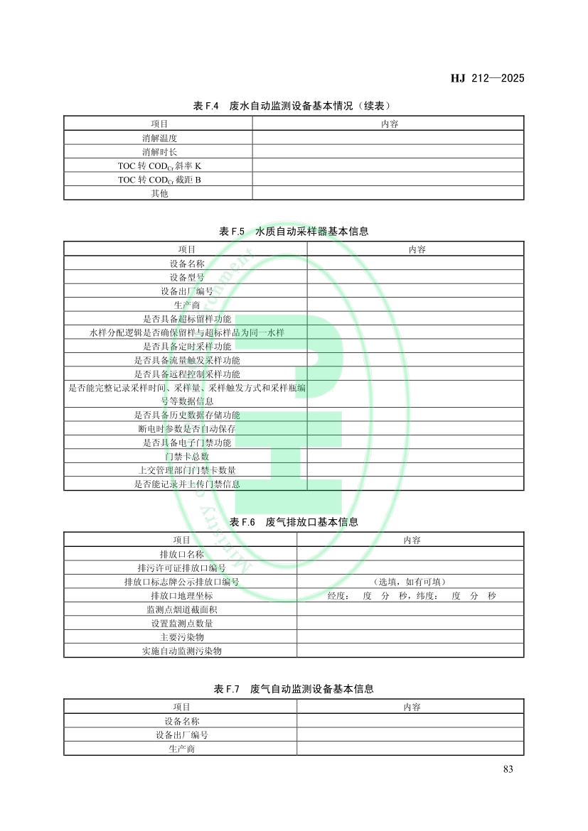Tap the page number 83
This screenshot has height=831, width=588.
point(508,769)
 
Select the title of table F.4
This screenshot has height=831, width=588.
point(294,106)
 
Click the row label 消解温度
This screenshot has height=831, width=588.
point(159,138)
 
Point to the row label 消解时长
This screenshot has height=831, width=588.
point(159,152)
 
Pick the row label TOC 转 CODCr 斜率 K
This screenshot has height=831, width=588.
point(159,165)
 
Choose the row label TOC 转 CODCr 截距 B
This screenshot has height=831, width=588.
point(159,180)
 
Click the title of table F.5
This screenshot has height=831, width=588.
point(294,232)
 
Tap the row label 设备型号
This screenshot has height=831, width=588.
point(186,277)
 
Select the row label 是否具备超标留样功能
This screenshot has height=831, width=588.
point(186,319)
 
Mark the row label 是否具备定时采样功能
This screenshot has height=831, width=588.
point(186,347)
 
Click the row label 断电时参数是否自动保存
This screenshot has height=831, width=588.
point(186,429)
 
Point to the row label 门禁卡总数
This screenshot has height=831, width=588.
point(186,457)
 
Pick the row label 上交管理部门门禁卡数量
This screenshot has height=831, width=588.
point(186,470)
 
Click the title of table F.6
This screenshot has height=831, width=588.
point(294,522)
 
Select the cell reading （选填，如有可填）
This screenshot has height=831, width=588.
point(410,582)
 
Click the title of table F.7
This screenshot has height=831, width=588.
point(294,689)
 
